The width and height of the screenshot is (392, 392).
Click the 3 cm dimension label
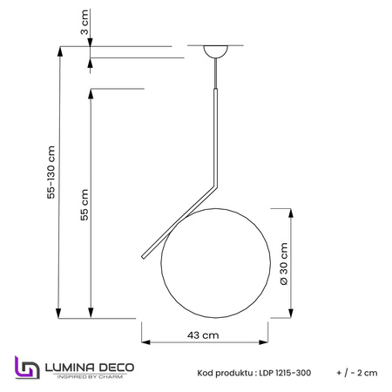click(x=84, y=22)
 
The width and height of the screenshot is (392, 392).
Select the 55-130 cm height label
click(x=51, y=172)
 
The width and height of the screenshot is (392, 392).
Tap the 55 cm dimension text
click(x=84, y=205)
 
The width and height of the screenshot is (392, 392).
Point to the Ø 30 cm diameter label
click(x=284, y=264)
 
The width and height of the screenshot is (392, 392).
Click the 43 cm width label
click(x=203, y=335)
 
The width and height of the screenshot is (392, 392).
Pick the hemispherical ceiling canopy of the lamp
click(x=215, y=51)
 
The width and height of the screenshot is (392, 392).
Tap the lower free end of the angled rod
click(x=143, y=257)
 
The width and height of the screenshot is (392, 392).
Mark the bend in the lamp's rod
click(x=216, y=186)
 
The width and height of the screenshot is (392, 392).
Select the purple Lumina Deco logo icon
click(x=27, y=368)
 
